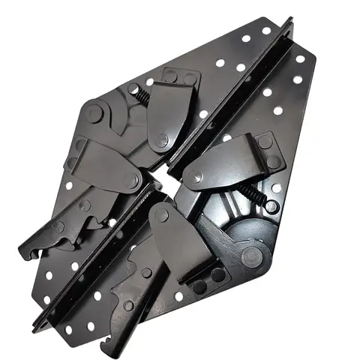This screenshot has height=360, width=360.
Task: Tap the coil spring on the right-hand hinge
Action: click(x=255, y=196)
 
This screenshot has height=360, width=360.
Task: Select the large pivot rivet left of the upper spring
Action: click(x=94, y=114)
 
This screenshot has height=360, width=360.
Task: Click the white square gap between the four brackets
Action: click(x=160, y=181)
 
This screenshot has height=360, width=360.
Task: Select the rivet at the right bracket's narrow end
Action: click(x=196, y=178)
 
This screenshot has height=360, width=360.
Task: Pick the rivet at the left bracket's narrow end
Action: click(x=133, y=181)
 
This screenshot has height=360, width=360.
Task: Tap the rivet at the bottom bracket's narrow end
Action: click(x=161, y=216)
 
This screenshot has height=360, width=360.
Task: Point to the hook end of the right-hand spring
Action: click(x=271, y=205)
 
